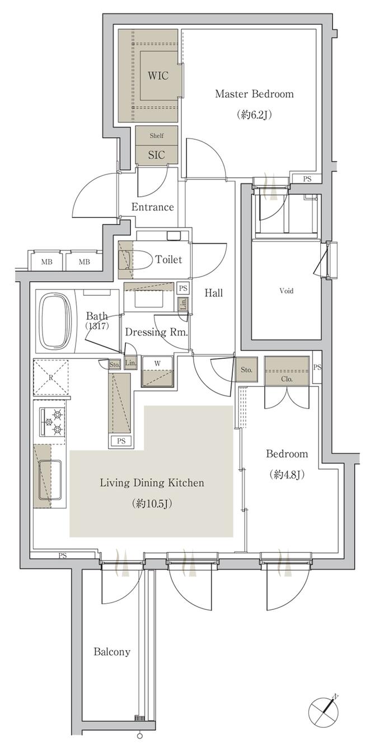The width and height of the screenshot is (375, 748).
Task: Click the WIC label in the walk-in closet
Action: [x=158, y=75]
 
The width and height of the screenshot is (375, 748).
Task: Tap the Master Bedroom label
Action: [x=254, y=94]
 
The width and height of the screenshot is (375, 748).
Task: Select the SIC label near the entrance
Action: [x=156, y=155]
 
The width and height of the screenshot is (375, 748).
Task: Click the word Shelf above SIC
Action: [x=156, y=135]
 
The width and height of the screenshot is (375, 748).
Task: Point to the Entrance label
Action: [x=152, y=207]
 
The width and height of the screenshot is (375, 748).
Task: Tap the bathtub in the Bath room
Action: [x=55, y=321]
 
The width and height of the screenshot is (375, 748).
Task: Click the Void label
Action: [x=286, y=291]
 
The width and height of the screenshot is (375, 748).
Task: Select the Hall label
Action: [x=214, y=293]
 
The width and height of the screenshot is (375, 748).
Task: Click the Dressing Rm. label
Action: [x=156, y=332]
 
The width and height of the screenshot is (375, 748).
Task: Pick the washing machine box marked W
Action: [x=157, y=371]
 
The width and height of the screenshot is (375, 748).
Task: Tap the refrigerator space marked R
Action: [x=51, y=377]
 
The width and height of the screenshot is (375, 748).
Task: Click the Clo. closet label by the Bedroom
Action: [x=287, y=379]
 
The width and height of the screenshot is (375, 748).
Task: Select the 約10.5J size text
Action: [x=152, y=503]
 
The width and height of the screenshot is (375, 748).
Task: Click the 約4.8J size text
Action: [x=287, y=475]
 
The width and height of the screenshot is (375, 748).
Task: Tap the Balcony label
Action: [x=111, y=651]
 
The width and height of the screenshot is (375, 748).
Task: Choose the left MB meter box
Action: [x=47, y=262]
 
